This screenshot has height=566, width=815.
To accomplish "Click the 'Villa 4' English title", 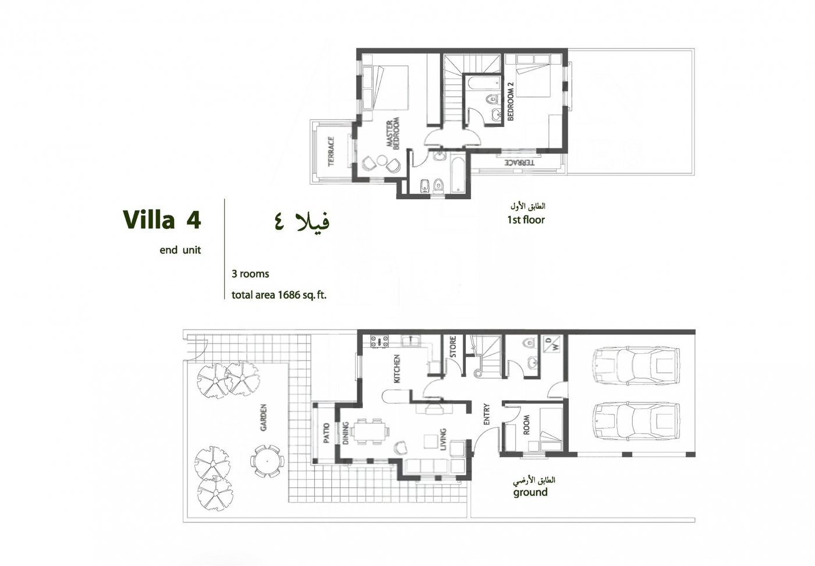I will pyautogui.click(x=162, y=221).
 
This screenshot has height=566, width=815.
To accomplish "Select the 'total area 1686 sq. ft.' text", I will pyautogui.click(x=279, y=295).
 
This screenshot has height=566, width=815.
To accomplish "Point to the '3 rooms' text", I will pyautogui.click(x=250, y=273).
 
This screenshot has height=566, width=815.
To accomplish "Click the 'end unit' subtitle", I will pyautogui.click(x=180, y=250).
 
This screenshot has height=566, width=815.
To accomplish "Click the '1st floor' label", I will pyautogui.click(x=526, y=220).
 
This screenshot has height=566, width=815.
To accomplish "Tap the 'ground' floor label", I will pyautogui.click(x=530, y=492).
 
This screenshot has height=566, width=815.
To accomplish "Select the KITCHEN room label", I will pyautogui.click(x=398, y=368).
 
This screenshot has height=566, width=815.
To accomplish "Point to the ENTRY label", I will pyautogui.click(x=487, y=414).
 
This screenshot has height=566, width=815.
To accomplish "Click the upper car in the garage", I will pyautogui.click(x=636, y=367).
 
